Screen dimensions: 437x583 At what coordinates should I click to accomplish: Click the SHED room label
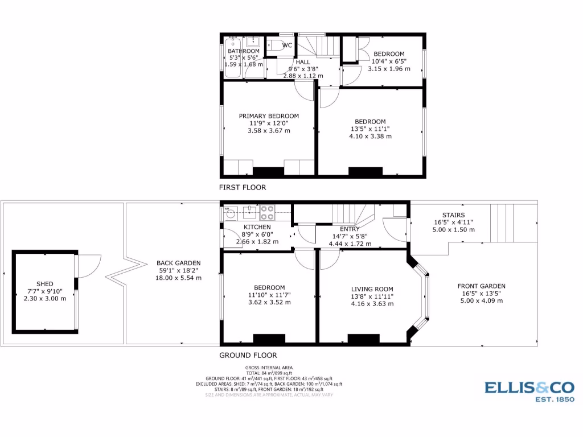pyautogui.click(x=44, y=284)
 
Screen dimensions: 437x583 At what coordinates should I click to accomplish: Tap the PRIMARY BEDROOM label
pyautogui.click(x=268, y=116)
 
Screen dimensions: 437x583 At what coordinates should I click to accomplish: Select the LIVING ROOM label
pyautogui.click(x=372, y=289)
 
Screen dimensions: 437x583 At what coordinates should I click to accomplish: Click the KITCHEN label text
pyautogui.click(x=257, y=227)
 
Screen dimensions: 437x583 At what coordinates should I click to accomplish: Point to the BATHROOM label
pyautogui.click(x=244, y=51)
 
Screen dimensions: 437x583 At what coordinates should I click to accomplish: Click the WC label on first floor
pyautogui.click(x=288, y=45)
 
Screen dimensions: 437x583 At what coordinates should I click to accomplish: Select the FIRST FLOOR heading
pyautogui.click(x=243, y=187)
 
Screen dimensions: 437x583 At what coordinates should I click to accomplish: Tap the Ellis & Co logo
pyautogui.click(x=529, y=391)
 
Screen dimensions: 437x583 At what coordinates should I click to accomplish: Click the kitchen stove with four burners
pyautogui.click(x=268, y=213)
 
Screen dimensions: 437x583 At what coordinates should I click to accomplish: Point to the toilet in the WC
pyautogui.click(x=274, y=46)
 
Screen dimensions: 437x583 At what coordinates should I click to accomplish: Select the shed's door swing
pyautogui.click(x=88, y=265)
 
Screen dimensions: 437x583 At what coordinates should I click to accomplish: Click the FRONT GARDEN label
pyautogui.click(x=481, y=286)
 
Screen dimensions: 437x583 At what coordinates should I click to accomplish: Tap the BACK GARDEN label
pyautogui.click(x=178, y=263)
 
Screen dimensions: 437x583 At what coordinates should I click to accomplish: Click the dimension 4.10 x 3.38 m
pyautogui.click(x=370, y=137)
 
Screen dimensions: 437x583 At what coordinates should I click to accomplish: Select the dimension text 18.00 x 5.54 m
pyautogui.click(x=178, y=278)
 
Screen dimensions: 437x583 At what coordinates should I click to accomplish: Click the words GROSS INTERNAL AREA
pyautogui.click(x=269, y=368)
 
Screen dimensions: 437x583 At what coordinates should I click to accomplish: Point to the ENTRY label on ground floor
pyautogui.click(x=350, y=229)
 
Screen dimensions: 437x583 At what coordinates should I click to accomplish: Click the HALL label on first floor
pyautogui.click(x=303, y=61)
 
